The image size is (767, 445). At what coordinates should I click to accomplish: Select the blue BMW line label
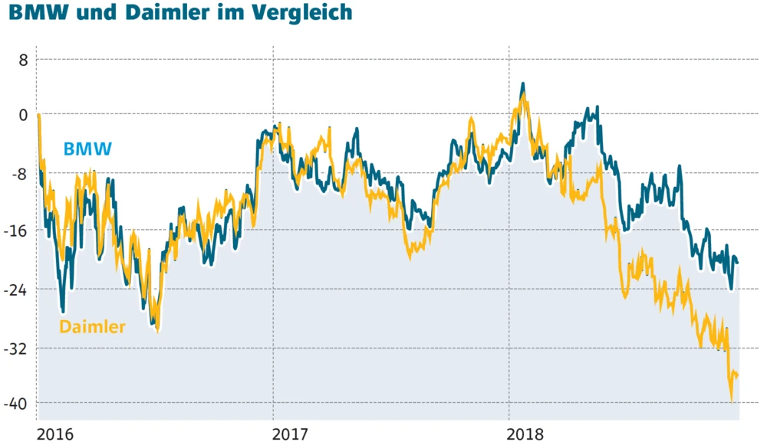point(87,149)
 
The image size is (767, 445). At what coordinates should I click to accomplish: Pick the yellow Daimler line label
point(92,327)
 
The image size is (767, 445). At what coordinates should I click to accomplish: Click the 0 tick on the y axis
point(23,115)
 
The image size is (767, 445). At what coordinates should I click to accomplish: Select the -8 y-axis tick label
point(19,173)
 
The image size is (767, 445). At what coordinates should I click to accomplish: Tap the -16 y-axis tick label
point(17,231)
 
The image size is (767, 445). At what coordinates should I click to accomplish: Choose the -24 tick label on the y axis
point(17,290)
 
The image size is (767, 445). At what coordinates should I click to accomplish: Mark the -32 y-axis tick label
point(17,348)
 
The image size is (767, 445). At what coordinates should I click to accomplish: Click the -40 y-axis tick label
point(17,403)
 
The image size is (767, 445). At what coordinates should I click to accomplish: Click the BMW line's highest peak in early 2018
point(523,83)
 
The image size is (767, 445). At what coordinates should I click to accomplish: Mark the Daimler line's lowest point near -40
point(732,399)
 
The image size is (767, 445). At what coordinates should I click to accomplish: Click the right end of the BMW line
point(738,263)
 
